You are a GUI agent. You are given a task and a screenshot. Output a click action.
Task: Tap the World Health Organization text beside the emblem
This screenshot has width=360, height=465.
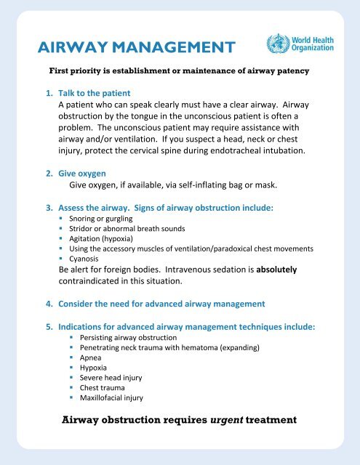pyautogui.click(x=313, y=41)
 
